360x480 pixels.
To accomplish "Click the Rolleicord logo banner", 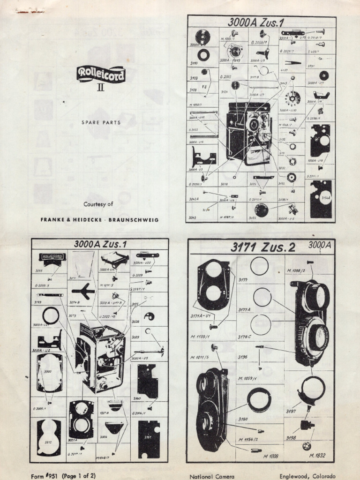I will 101,74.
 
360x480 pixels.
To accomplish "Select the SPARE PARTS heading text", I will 101,122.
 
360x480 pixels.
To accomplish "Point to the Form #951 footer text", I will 63,475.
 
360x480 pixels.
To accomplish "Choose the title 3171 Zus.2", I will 262,247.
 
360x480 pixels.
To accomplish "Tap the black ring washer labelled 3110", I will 203,55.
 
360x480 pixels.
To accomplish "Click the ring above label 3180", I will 259,400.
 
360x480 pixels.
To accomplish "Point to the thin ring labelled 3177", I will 259,266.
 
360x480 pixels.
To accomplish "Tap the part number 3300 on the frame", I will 48,371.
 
